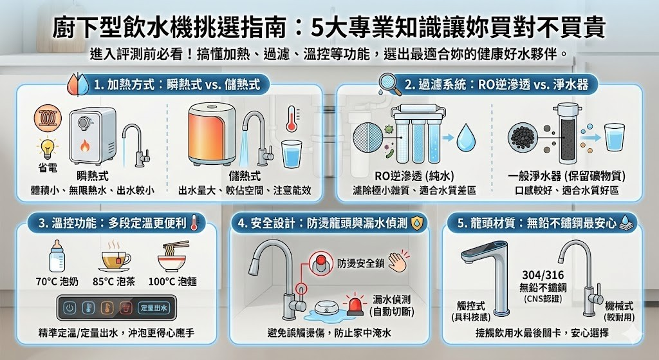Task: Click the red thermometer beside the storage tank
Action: (292, 120)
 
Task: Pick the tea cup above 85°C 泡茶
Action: (115, 259)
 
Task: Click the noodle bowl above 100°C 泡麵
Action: (172, 258)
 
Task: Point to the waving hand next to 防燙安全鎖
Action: (400, 262)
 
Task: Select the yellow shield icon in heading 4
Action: (418, 223)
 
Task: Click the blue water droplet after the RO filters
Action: (465, 139)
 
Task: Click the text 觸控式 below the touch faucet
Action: (472, 307)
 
